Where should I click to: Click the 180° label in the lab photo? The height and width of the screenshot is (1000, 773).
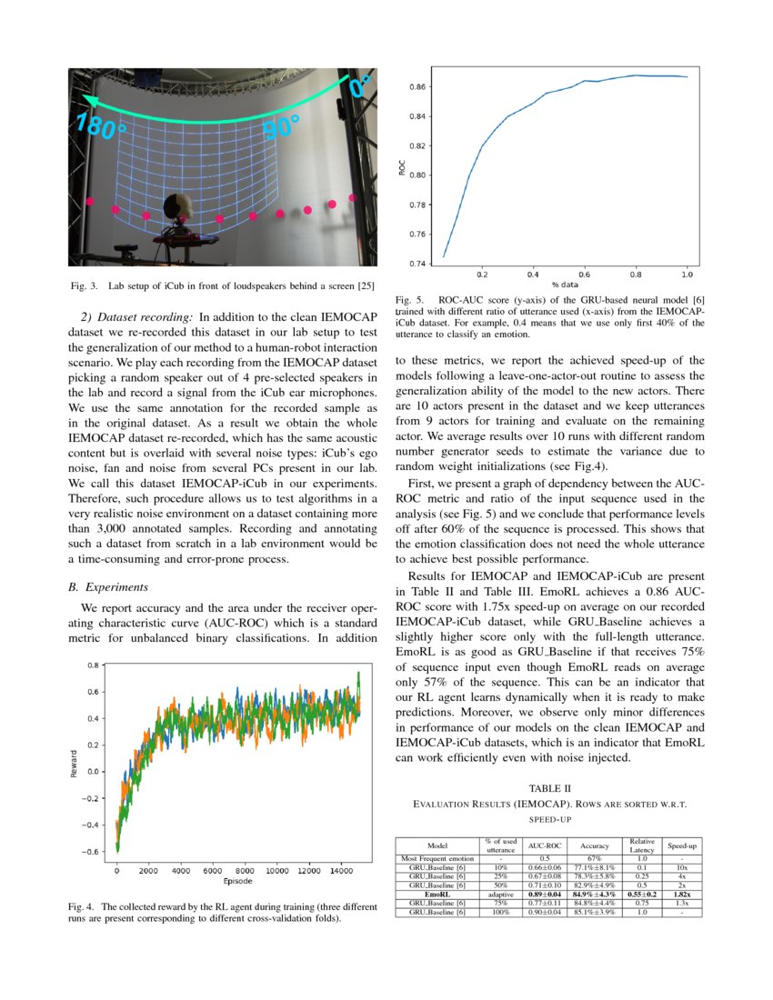pyautogui.click(x=101, y=125)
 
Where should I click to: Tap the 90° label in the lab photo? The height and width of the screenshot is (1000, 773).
pyautogui.click(x=283, y=128)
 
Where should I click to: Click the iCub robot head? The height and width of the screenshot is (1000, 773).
pyautogui.click(x=185, y=207)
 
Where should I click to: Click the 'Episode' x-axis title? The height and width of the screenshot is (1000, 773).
pyautogui.click(x=237, y=881)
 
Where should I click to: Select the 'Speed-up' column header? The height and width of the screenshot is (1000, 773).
pyautogui.click(x=682, y=845)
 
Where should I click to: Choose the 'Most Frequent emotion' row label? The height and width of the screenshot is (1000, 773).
pyautogui.click(x=437, y=857)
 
